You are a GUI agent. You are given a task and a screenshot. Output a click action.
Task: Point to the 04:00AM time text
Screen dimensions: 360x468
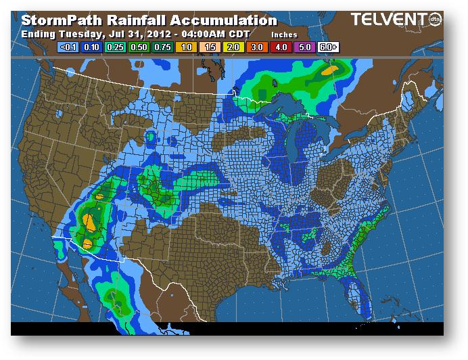(202, 34)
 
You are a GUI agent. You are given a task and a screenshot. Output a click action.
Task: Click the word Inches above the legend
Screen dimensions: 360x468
(283, 34)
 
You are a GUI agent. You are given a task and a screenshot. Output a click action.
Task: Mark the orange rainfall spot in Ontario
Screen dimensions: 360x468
(330, 69)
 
